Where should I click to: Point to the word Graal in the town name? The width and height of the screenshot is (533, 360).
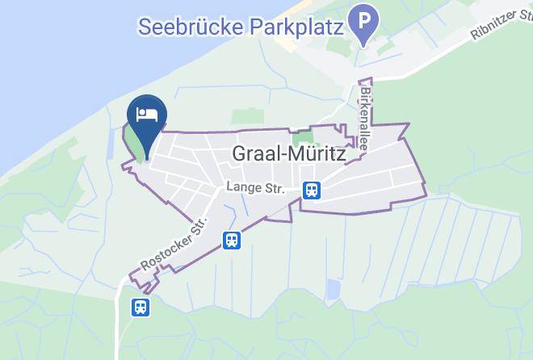tap(257, 153)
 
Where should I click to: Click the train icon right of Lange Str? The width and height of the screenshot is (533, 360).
tap(312, 190)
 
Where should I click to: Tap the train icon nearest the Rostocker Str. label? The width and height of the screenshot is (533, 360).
tap(232, 240)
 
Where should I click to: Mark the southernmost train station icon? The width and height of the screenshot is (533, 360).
tap(140, 307)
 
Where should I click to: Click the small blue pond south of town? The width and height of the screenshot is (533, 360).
tap(333, 289)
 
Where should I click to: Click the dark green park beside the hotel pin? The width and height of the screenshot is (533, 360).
tap(134, 144)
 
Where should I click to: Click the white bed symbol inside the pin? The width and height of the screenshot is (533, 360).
tap(147, 113)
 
